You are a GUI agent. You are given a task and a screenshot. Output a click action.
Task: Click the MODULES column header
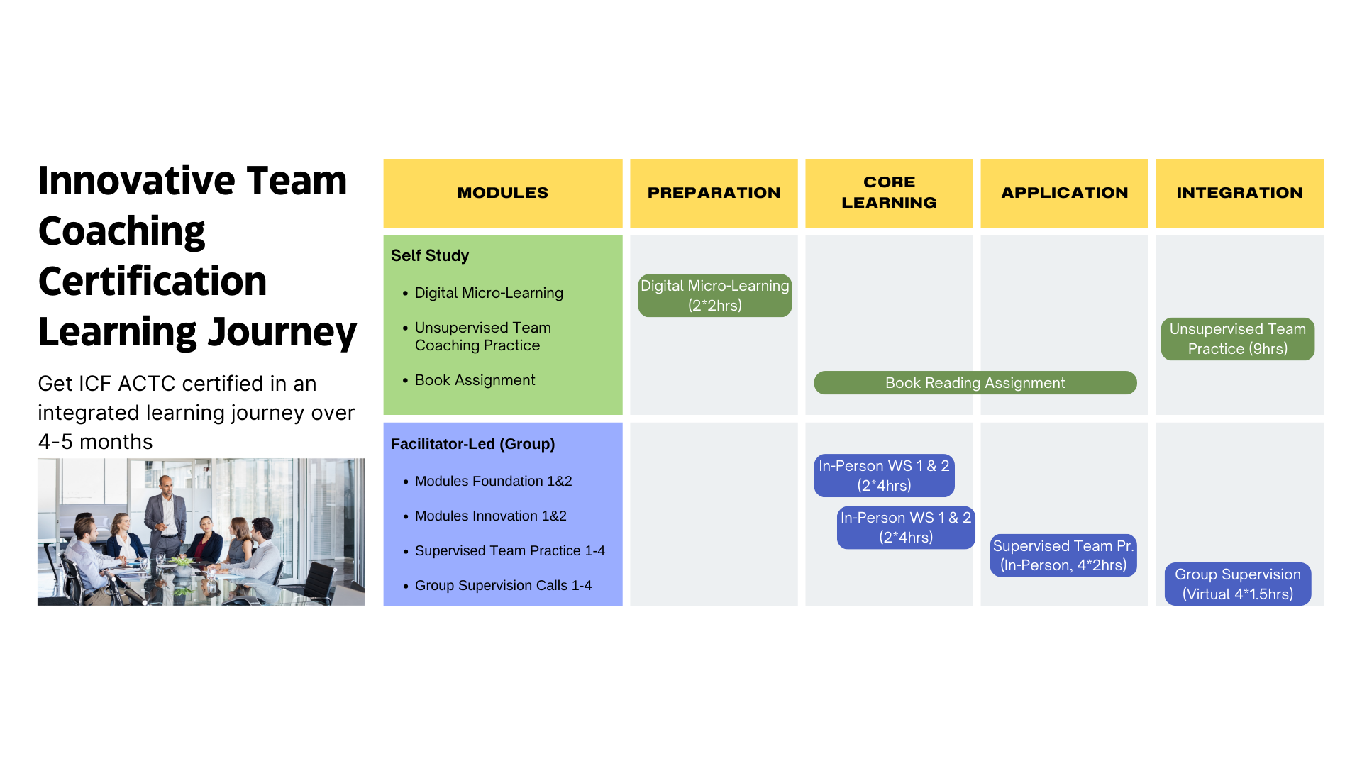(x=502, y=193)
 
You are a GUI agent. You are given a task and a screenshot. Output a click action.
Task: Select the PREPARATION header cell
(x=714, y=193)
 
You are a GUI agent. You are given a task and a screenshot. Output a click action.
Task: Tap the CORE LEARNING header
(x=889, y=193)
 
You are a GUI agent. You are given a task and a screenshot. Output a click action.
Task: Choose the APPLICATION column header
(x=1064, y=193)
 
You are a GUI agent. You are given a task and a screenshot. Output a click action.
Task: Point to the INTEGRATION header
(x=1239, y=193)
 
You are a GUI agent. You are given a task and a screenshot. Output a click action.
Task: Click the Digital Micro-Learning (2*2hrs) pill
(x=714, y=296)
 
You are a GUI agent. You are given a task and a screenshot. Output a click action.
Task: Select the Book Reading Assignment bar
(x=975, y=383)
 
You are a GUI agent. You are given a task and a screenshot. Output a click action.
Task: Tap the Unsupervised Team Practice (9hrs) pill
(x=1237, y=339)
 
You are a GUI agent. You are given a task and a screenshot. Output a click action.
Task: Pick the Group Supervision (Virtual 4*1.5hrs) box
(x=1237, y=584)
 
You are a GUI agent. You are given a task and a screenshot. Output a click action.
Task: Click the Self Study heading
(x=430, y=255)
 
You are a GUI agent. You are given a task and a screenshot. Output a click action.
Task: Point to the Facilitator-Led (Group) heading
(x=472, y=444)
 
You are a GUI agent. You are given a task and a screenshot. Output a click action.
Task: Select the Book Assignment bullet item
(x=475, y=380)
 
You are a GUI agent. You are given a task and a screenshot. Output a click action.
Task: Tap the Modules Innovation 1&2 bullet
(x=490, y=516)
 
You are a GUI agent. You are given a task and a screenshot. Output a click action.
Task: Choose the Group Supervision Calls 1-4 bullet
(x=503, y=585)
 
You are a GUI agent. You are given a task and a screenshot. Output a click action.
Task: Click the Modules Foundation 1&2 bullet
(x=493, y=481)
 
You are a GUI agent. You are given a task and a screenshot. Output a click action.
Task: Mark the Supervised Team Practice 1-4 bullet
(x=509, y=550)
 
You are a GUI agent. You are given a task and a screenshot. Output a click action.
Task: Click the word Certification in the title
(x=153, y=282)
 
